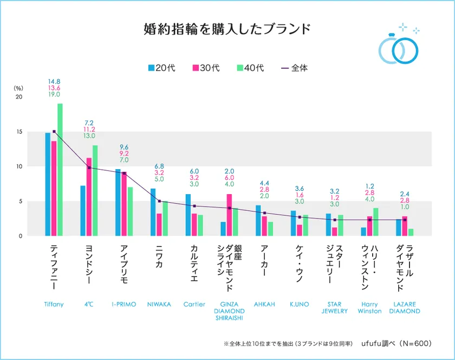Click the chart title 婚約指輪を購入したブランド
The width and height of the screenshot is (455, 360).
(227, 29)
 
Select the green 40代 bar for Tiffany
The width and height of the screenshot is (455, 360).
(60, 169)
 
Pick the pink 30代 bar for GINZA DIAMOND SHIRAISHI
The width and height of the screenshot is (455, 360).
(229, 215)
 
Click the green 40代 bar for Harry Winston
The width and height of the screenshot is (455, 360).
(375, 222)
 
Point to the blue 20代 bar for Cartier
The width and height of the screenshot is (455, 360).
(188, 215)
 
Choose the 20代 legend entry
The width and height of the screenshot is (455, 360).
(163, 68)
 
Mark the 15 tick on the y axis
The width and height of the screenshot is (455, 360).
(20, 132)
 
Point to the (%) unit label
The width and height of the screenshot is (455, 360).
(19, 87)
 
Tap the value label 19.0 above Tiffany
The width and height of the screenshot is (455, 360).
(54, 94)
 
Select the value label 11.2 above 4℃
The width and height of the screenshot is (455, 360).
(89, 130)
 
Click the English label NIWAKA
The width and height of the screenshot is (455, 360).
(159, 304)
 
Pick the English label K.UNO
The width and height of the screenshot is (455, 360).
(299, 304)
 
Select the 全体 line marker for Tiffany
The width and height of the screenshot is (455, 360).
(54, 131)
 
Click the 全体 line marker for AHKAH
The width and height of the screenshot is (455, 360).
(264, 213)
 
